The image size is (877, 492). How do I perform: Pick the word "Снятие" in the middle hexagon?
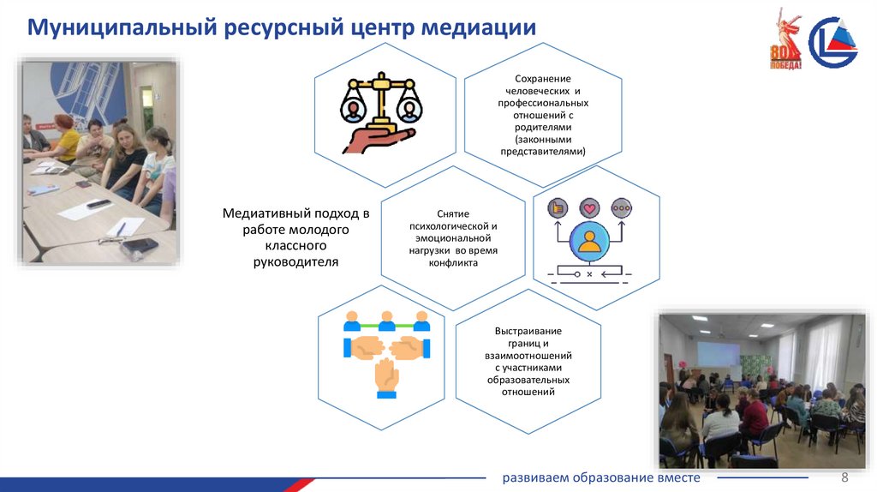(x=452, y=214)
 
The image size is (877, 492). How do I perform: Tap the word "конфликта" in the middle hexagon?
(x=453, y=263)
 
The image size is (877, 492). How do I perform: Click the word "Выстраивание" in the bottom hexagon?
(x=528, y=331)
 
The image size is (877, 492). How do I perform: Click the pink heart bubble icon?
(x=588, y=207)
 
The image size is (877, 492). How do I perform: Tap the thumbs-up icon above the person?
(x=557, y=207)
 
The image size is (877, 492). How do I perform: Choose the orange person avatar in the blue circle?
(x=588, y=242)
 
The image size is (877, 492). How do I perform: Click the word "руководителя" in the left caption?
(x=296, y=262)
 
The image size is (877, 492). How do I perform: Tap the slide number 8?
(x=844, y=477)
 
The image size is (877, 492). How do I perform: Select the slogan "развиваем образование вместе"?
(x=601, y=477)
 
